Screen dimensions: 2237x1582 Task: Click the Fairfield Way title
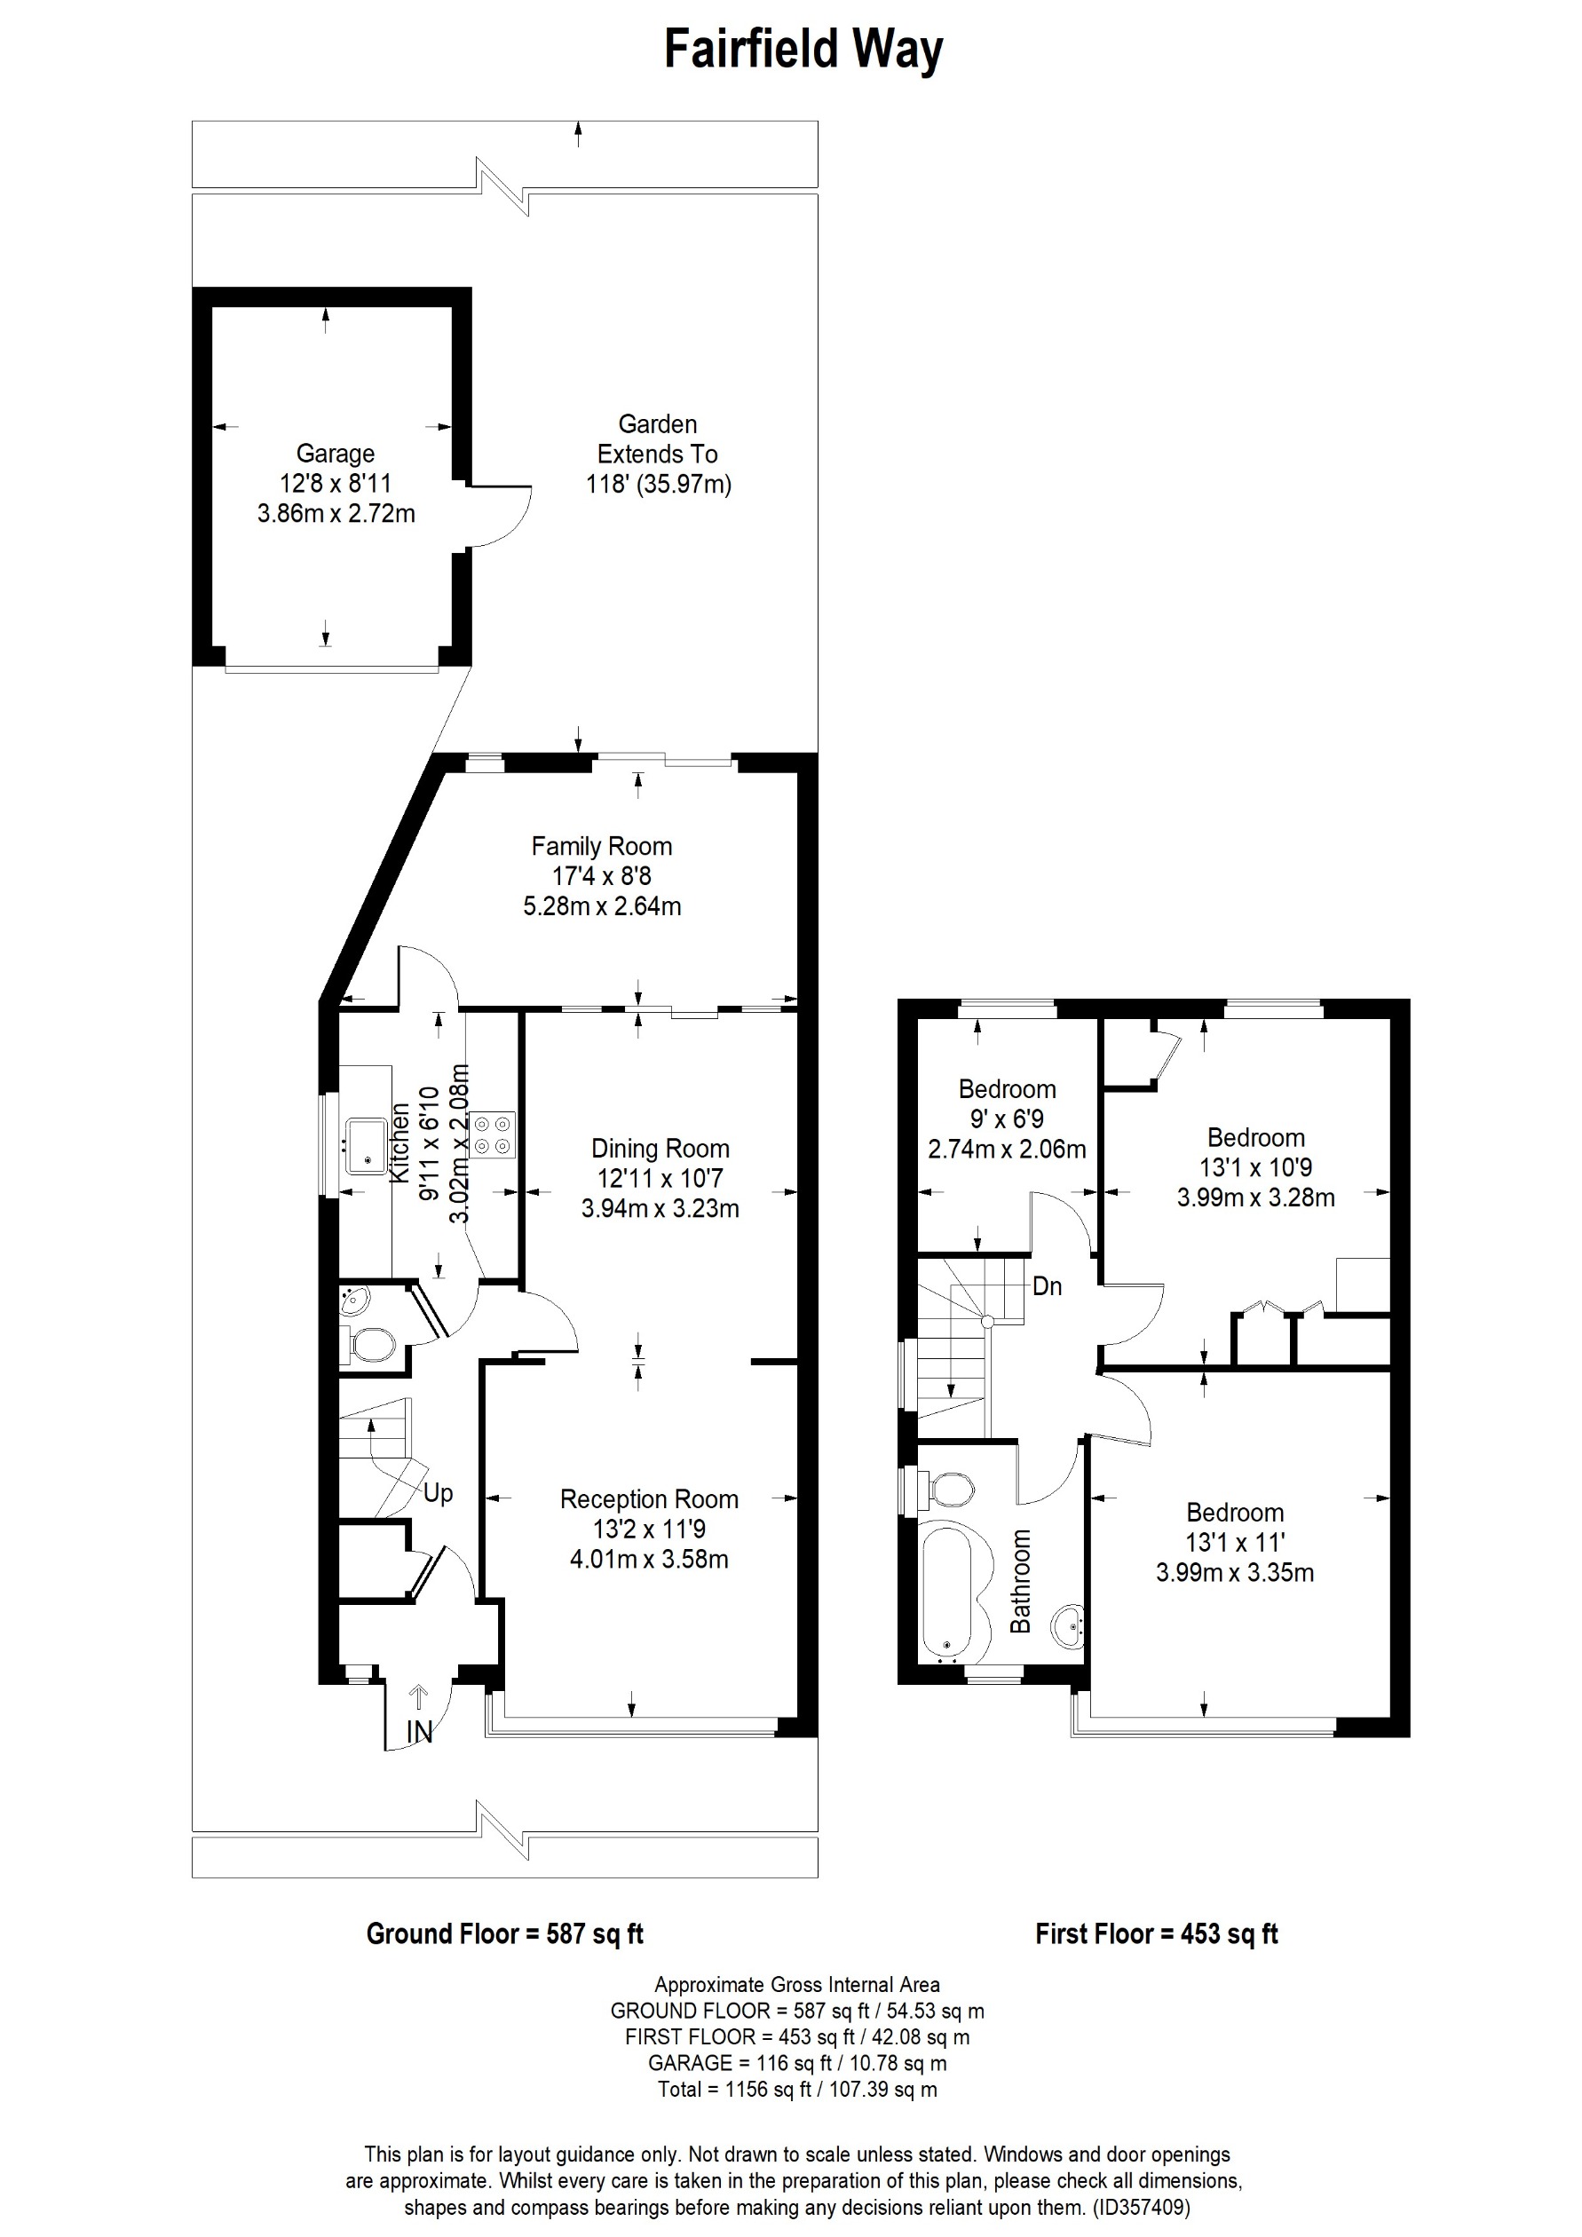(803, 51)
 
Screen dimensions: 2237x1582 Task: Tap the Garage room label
(335, 454)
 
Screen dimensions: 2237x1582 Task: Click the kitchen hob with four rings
(493, 1135)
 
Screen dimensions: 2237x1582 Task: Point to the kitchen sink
(365, 1147)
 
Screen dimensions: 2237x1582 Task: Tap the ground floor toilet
(371, 1347)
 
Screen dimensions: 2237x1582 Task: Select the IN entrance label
(419, 1731)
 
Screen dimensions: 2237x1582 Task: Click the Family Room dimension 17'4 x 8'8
(601, 876)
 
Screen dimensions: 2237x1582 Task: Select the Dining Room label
(660, 1149)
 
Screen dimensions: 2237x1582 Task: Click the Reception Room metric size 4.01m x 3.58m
(649, 1560)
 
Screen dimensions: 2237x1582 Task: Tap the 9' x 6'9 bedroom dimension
(1007, 1119)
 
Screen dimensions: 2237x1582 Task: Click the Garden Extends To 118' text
(658, 454)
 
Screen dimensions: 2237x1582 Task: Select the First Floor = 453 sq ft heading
(1156, 1934)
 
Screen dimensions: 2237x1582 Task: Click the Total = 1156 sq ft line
(797, 2089)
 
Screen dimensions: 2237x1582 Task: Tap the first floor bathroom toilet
(952, 1490)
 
